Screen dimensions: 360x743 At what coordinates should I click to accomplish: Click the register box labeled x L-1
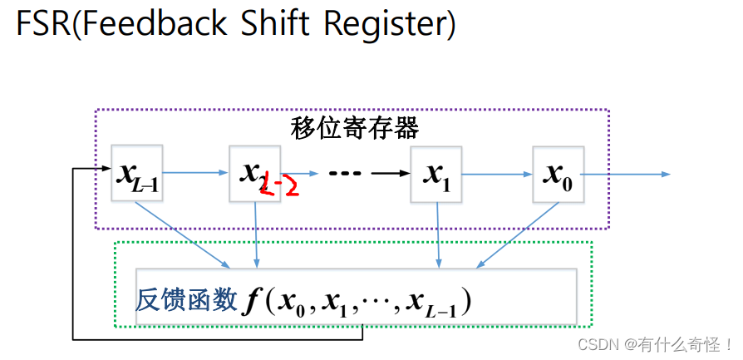pos(137,173)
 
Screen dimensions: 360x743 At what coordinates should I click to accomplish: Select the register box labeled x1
pos(436,174)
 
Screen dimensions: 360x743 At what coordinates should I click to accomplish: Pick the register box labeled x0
pos(558,174)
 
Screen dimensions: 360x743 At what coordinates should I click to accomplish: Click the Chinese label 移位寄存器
pos(354,128)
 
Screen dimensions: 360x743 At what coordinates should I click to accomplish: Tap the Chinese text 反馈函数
pos(186,300)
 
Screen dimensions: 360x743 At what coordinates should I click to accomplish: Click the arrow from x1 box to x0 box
pos(497,174)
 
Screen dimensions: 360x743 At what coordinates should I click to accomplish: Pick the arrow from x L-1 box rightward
pos(196,173)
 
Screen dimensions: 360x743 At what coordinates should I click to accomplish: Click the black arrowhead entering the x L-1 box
pos(106,170)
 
